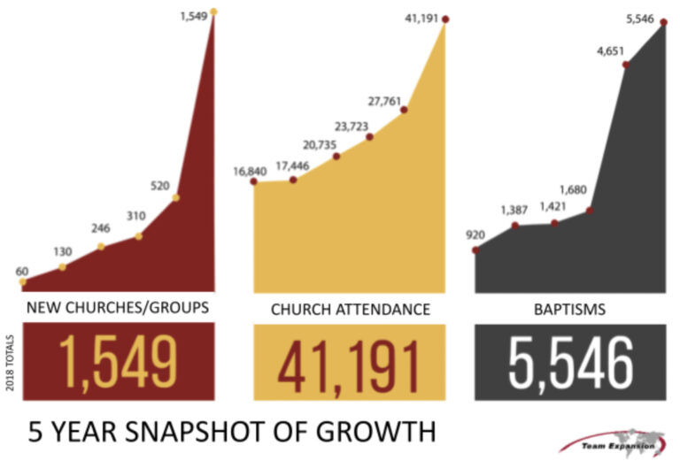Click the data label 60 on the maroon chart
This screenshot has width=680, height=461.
(x=23, y=270)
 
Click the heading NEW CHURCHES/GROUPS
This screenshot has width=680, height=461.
(x=118, y=309)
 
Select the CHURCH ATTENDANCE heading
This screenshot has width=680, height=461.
(x=350, y=309)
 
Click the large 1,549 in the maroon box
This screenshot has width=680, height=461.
(x=118, y=362)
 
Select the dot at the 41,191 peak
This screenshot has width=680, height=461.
(x=445, y=18)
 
